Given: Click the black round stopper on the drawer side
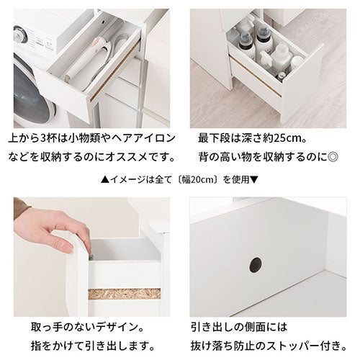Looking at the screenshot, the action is (256, 265).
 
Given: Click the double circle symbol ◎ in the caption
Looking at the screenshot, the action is (333, 157).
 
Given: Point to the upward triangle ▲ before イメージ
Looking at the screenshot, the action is (105, 179).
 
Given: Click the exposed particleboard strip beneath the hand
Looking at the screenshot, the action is (125, 294).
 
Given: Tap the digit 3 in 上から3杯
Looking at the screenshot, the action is (43, 139).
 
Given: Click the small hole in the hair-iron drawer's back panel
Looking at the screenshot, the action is (104, 22).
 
